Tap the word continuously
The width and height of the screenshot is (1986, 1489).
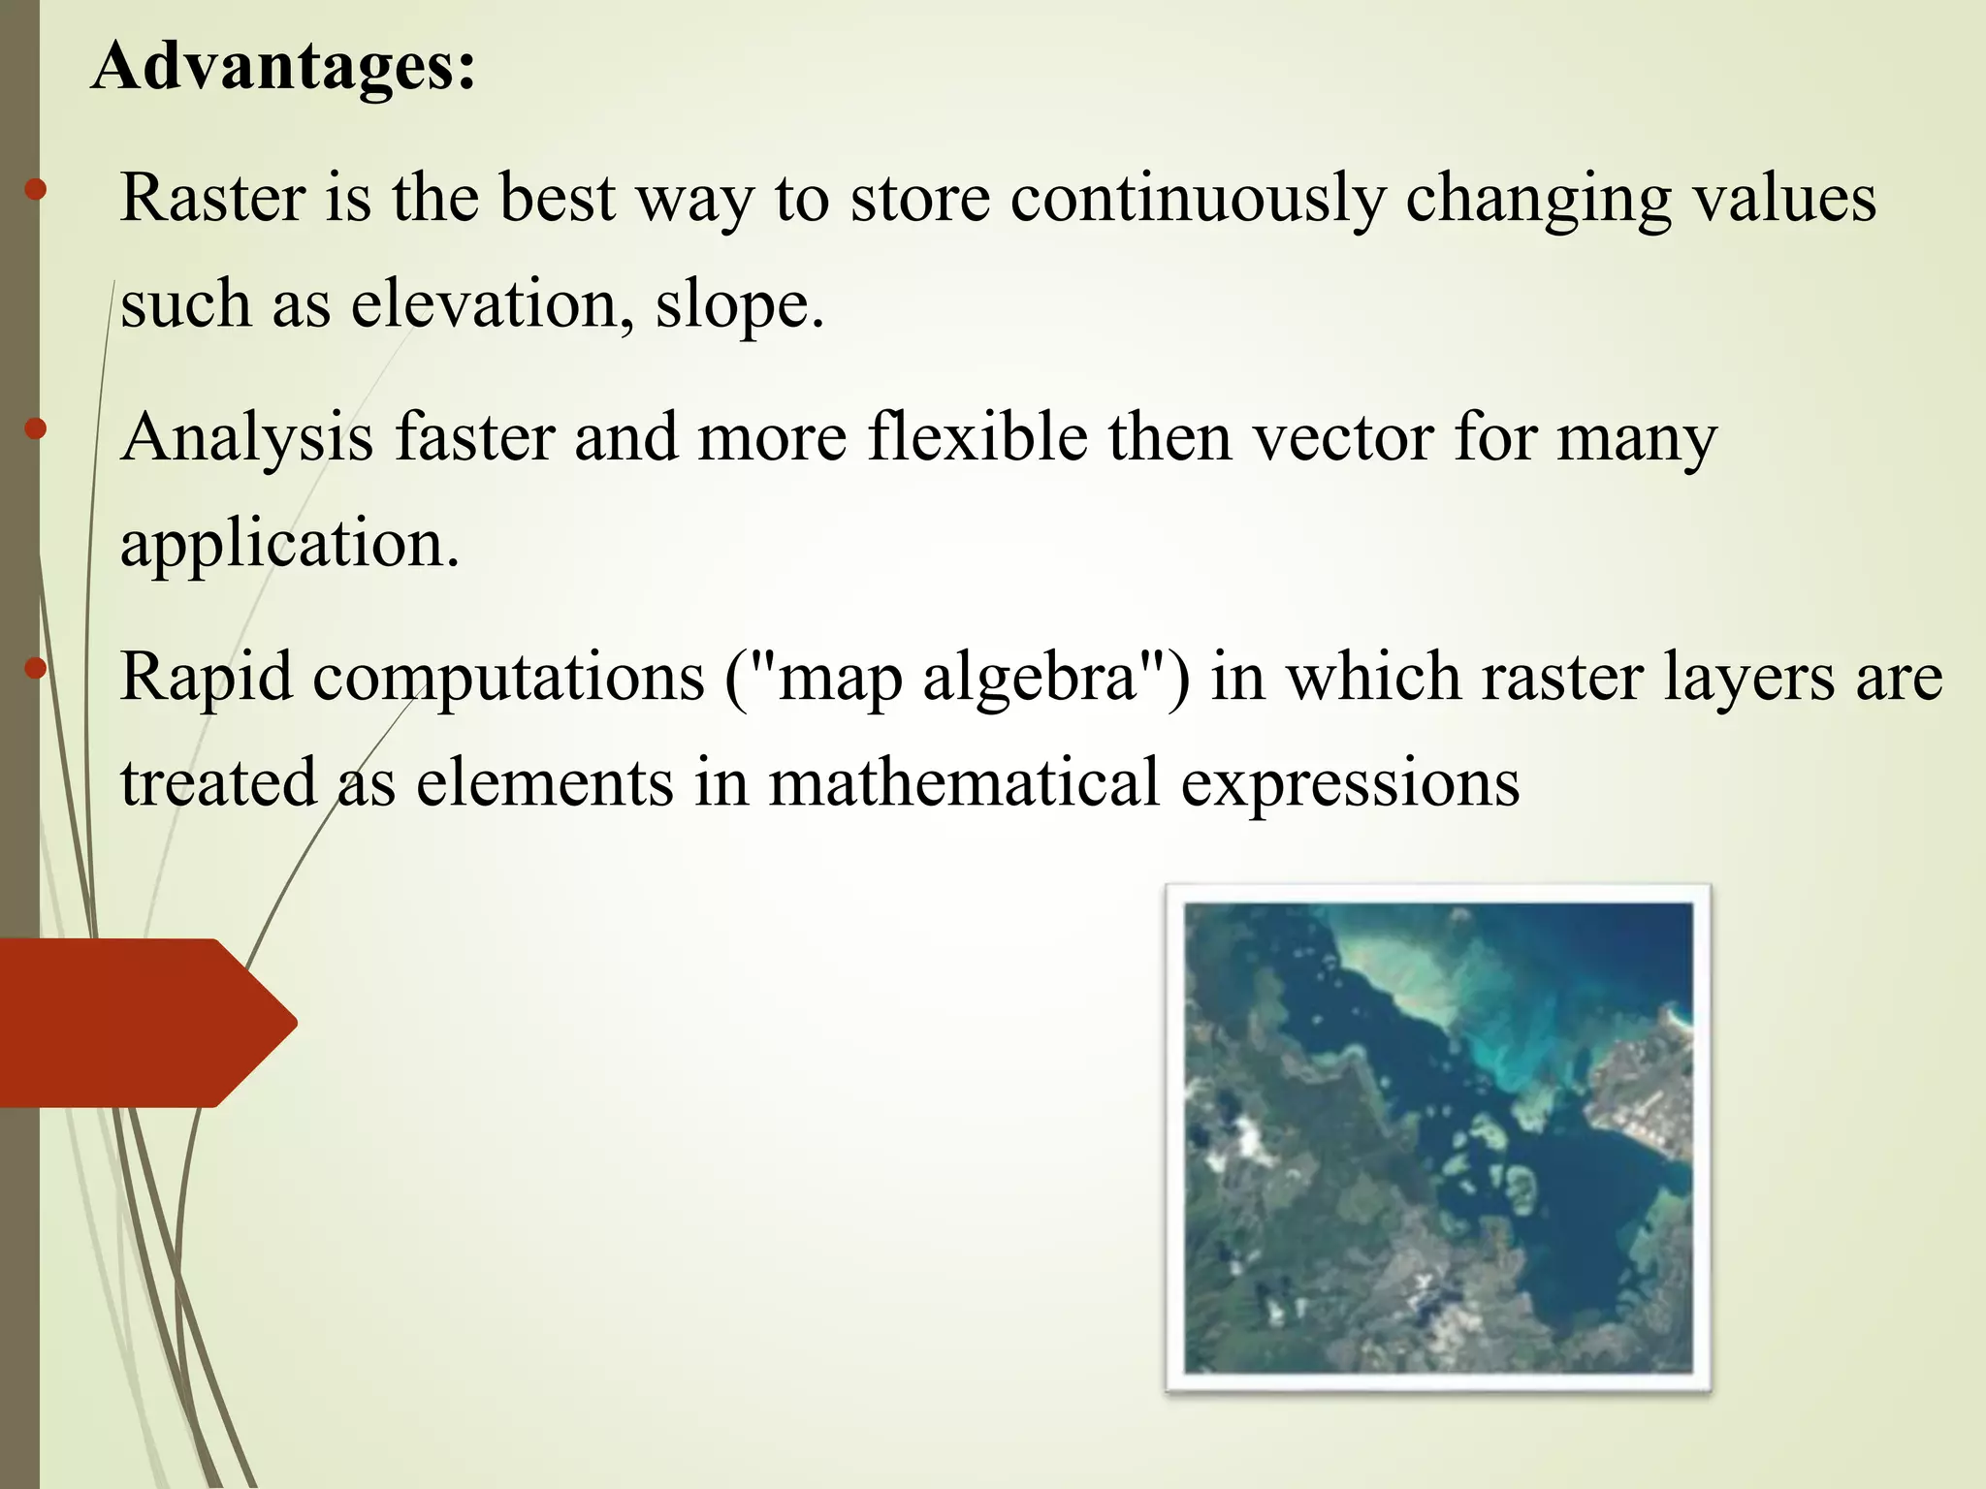click(x=1197, y=200)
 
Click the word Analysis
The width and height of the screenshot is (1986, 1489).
click(x=247, y=438)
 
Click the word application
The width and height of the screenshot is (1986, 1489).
click(x=289, y=545)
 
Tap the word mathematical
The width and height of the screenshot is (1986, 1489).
click(x=964, y=782)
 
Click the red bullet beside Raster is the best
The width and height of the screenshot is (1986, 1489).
click(x=36, y=189)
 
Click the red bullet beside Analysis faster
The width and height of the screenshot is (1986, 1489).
click(x=36, y=428)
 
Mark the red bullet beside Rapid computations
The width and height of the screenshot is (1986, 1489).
click(x=36, y=668)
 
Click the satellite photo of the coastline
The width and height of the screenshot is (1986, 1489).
click(x=1438, y=1138)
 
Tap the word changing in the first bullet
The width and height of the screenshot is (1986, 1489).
click(x=1538, y=200)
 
